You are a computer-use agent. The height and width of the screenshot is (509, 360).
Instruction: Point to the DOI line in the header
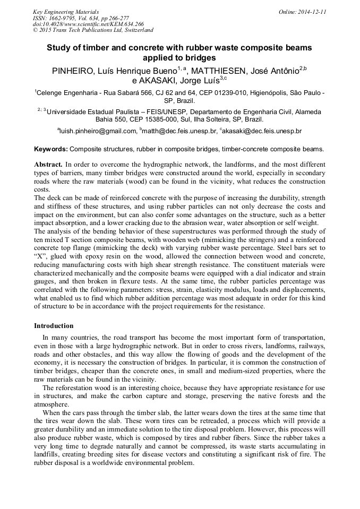[88, 24]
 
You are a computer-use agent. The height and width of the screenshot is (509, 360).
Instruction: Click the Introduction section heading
[54, 325]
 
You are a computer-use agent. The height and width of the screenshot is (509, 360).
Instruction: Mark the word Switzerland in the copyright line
[136, 30]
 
